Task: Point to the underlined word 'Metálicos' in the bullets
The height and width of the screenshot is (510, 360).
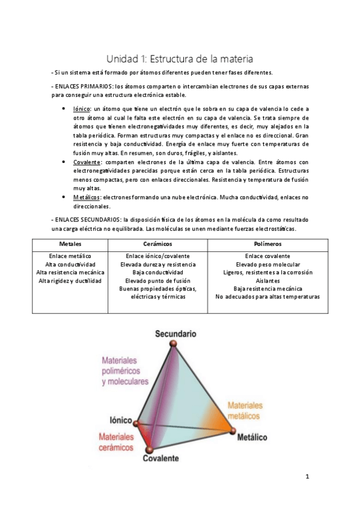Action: point(86,197)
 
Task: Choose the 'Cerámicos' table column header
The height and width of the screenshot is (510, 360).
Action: point(158,244)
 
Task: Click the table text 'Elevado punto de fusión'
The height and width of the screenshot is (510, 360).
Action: point(158,281)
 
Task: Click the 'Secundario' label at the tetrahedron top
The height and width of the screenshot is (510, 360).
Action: point(175,333)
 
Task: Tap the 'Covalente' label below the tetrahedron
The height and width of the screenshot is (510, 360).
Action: point(160,458)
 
